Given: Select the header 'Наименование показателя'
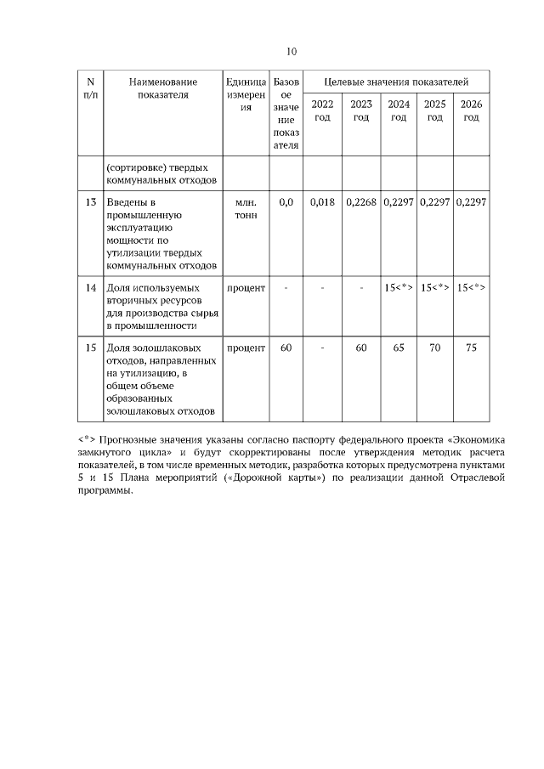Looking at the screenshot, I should click(163, 88).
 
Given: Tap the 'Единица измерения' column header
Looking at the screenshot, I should click(246, 94).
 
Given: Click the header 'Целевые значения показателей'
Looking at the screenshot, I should click(396, 82).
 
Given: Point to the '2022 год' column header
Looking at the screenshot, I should click(322, 110).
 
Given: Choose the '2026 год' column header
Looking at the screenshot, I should click(471, 110).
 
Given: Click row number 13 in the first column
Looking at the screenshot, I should click(90, 202).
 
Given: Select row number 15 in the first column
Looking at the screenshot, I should click(90, 348).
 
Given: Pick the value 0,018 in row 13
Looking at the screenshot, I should click(323, 202).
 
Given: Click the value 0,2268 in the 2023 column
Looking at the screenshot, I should click(362, 202).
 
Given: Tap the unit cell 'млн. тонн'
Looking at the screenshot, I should click(246, 209).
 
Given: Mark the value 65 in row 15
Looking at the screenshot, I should click(398, 348).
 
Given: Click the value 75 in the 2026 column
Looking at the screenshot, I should click(471, 348).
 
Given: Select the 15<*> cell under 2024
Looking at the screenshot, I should click(398, 288).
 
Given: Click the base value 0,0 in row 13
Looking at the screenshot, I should click(286, 202).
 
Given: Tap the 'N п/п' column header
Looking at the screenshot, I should click(90, 88).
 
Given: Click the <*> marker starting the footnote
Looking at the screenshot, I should click(85, 440).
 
